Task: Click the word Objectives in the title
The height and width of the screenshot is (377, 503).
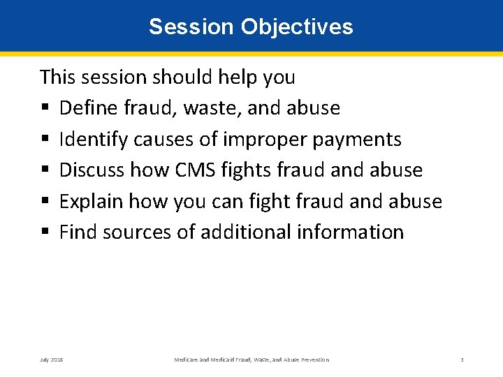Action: coord(297,27)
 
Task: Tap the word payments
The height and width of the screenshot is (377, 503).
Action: coord(357,139)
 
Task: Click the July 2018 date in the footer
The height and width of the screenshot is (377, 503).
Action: coord(51,360)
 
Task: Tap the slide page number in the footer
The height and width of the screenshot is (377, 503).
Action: coord(462,360)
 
